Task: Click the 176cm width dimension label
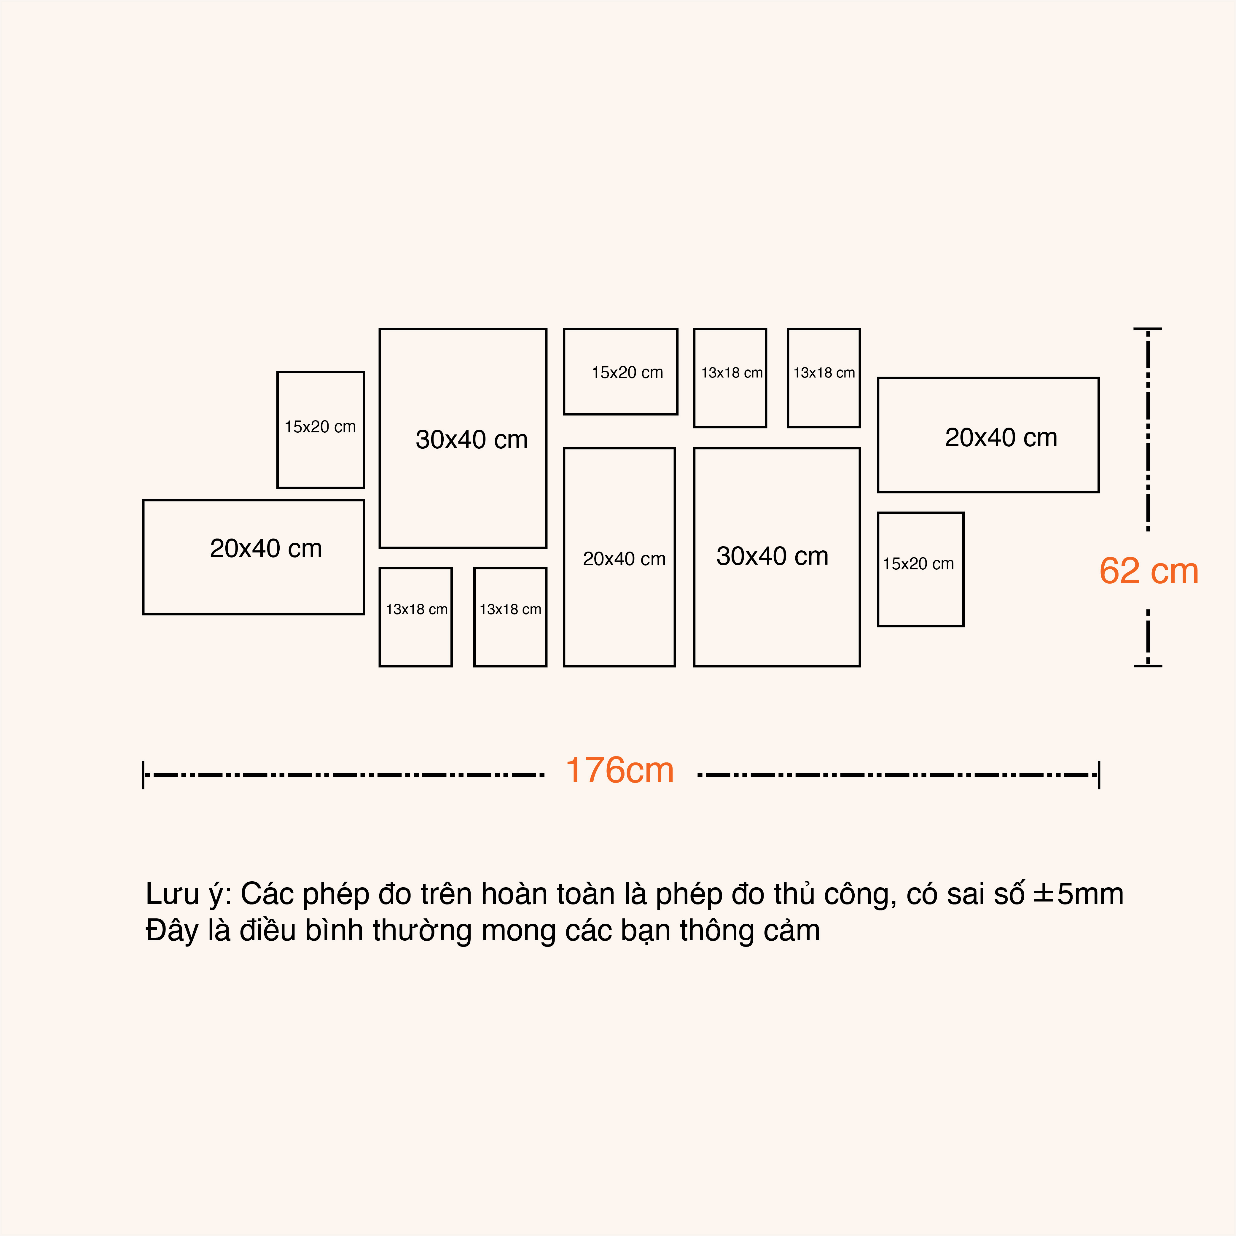click(x=619, y=770)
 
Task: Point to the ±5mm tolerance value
click(x=1079, y=894)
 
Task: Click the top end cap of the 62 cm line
click(x=1148, y=329)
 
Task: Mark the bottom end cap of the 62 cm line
click(x=1148, y=666)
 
